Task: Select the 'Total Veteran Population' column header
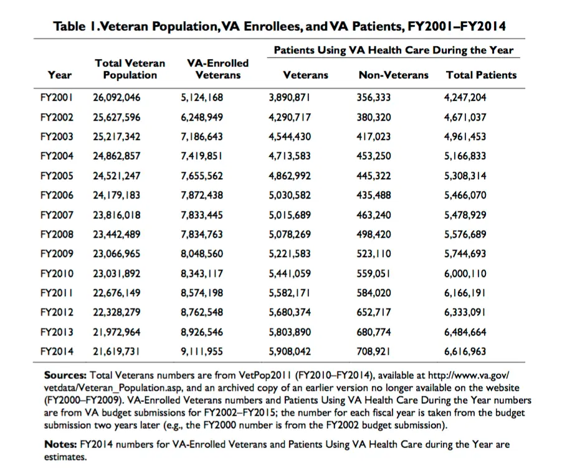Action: tap(130, 69)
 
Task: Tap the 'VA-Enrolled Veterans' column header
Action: tap(217, 69)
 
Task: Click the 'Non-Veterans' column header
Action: tap(393, 75)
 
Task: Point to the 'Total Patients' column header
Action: tap(481, 75)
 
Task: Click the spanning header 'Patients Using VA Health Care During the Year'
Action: tap(394, 50)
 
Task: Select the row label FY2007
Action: tap(57, 215)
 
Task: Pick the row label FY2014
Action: tap(57, 351)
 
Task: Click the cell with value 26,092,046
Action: tap(117, 98)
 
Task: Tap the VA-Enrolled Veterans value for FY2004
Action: tap(201, 156)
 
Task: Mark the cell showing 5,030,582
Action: tap(290, 195)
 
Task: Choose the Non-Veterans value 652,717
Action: tap(374, 312)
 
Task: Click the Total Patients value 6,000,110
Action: tap(465, 273)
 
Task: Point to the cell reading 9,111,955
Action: tap(201, 351)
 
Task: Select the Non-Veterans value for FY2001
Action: tap(374, 98)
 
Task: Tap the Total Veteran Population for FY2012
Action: tap(117, 312)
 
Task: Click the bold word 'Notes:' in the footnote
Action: tap(61, 445)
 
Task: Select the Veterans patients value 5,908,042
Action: tap(290, 351)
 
